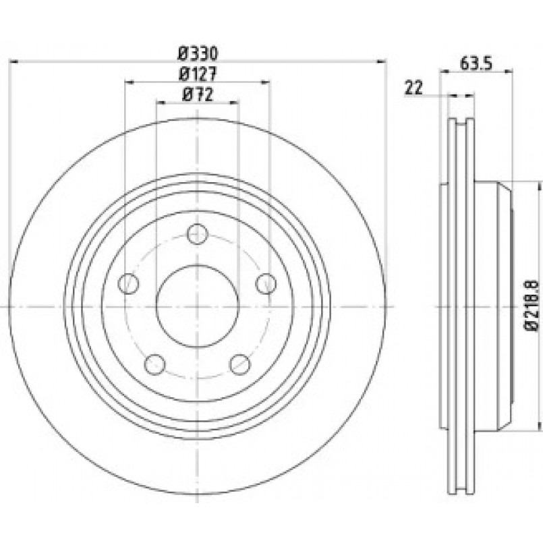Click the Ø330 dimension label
tap(198, 54)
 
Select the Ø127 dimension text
tap(198, 74)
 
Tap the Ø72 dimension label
tap(198, 94)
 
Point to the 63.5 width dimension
tap(476, 63)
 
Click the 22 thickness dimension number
tap(414, 88)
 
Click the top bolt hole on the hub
tap(198, 234)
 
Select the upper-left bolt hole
tap(128, 283)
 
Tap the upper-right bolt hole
tap(266, 283)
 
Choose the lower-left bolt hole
tap(154, 365)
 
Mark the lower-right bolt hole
tap(240, 365)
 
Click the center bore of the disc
tap(198, 306)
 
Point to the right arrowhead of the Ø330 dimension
tap(382, 61)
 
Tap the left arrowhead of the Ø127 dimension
tap(129, 82)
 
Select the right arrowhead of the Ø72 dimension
tap(235, 103)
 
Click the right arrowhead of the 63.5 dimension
tap(509, 72)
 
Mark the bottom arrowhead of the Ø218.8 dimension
tap(538, 426)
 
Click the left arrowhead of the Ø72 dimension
tap(161, 103)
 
